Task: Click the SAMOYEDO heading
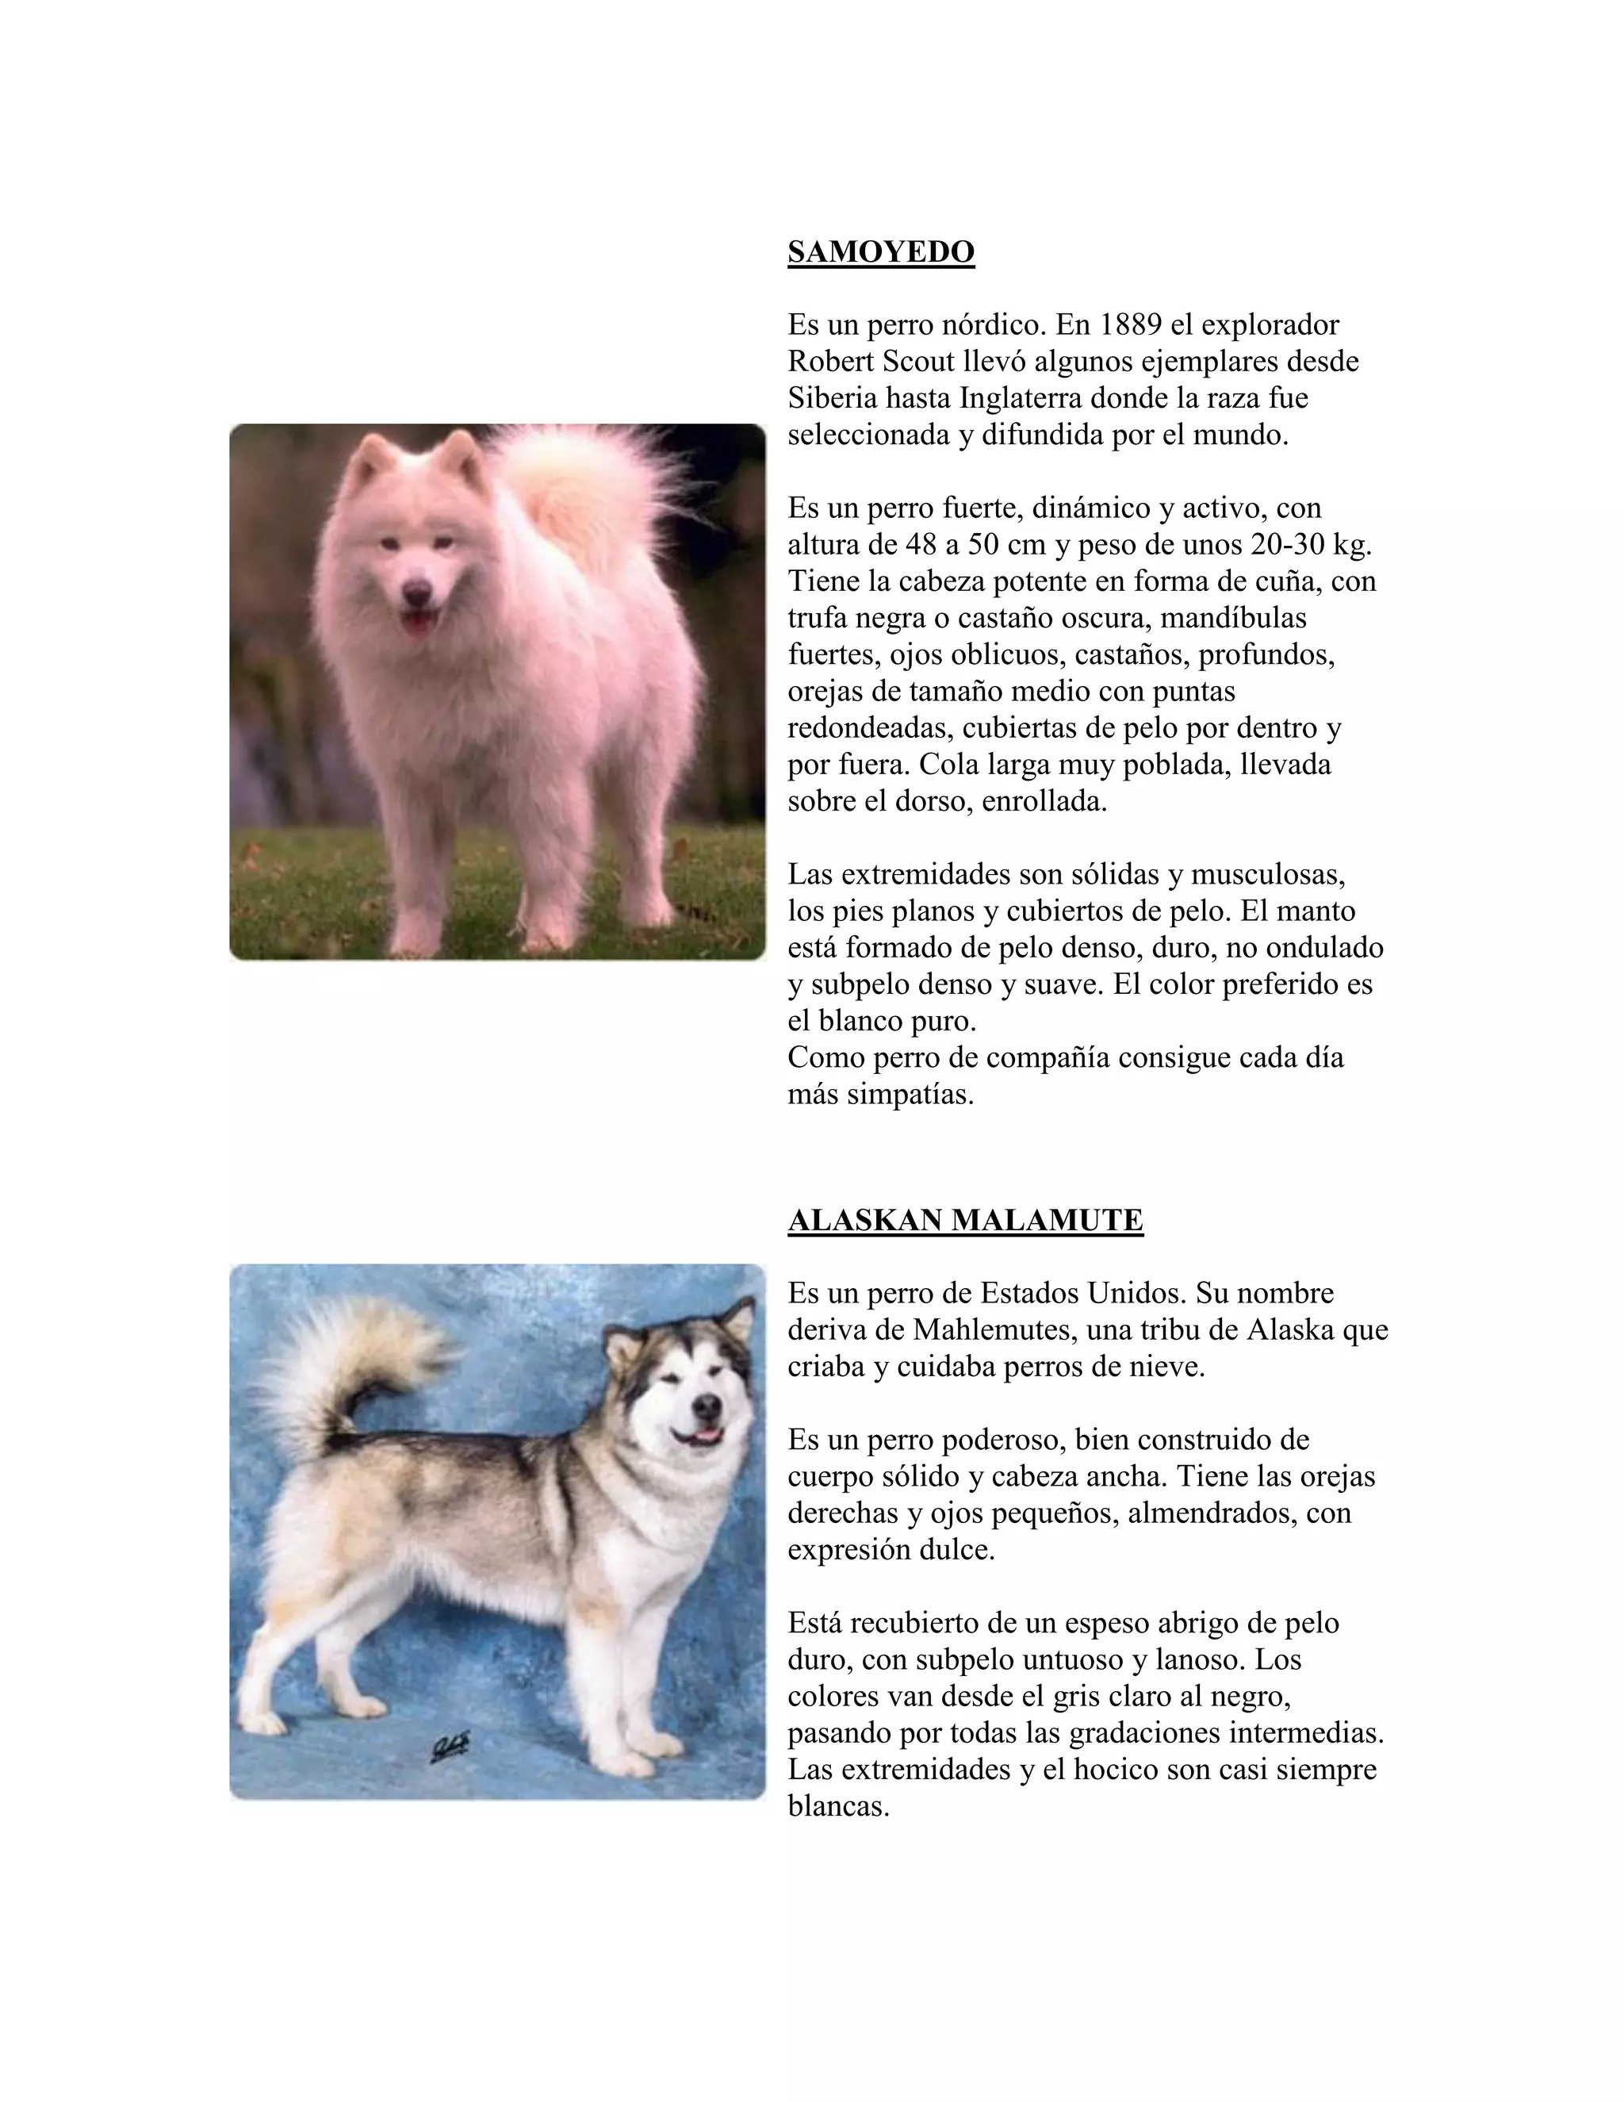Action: click(x=880, y=252)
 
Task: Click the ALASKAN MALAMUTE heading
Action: click(x=965, y=1221)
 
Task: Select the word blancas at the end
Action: click(x=837, y=1806)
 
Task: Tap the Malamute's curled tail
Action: click(x=347, y=1357)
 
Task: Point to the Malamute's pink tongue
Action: click(x=707, y=1437)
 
